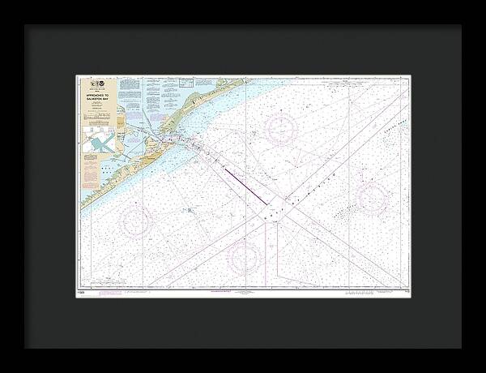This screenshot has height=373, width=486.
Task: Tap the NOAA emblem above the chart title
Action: point(98,84)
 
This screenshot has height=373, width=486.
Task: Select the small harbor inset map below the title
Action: point(100,144)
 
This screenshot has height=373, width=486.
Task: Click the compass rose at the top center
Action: point(281,129)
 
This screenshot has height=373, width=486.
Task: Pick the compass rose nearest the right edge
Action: point(372,197)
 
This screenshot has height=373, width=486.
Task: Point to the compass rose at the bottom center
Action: point(244,257)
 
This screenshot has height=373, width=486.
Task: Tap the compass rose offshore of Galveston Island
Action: point(135,220)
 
